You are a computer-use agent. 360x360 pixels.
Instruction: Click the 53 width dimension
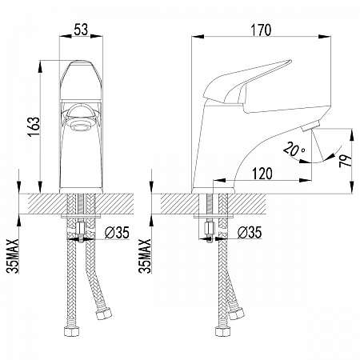click(x=81, y=30)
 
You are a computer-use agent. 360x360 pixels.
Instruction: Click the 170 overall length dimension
click(x=261, y=30)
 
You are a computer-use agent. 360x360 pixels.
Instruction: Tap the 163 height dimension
click(x=34, y=126)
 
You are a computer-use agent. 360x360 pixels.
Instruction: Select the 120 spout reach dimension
click(x=262, y=174)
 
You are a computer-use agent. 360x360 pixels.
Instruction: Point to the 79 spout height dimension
click(x=346, y=161)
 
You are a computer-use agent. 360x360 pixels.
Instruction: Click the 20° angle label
click(x=294, y=150)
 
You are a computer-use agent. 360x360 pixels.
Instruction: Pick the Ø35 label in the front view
click(x=117, y=233)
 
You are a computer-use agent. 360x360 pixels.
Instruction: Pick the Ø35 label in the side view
click(x=250, y=233)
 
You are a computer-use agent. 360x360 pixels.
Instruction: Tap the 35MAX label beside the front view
click(x=13, y=256)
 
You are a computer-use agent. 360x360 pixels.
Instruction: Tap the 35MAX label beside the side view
click(x=145, y=256)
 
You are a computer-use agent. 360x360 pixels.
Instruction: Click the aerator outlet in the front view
click(x=80, y=125)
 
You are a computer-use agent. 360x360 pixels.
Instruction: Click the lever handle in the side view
click(x=246, y=82)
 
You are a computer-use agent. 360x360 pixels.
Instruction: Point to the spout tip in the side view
click(x=310, y=126)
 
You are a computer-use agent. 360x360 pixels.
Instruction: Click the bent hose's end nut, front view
click(x=103, y=314)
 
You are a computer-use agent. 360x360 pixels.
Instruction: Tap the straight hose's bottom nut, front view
click(x=72, y=330)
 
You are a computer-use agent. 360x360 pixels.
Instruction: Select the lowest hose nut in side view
click(x=223, y=331)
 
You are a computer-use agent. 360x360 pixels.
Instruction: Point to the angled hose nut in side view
click(x=236, y=314)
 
